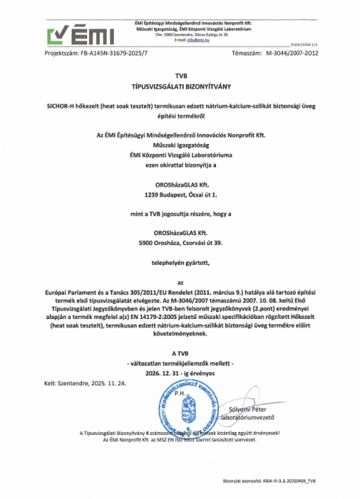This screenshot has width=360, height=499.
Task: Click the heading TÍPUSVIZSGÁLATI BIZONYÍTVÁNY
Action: [180, 86]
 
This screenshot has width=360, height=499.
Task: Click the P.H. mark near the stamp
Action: [181, 394]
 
